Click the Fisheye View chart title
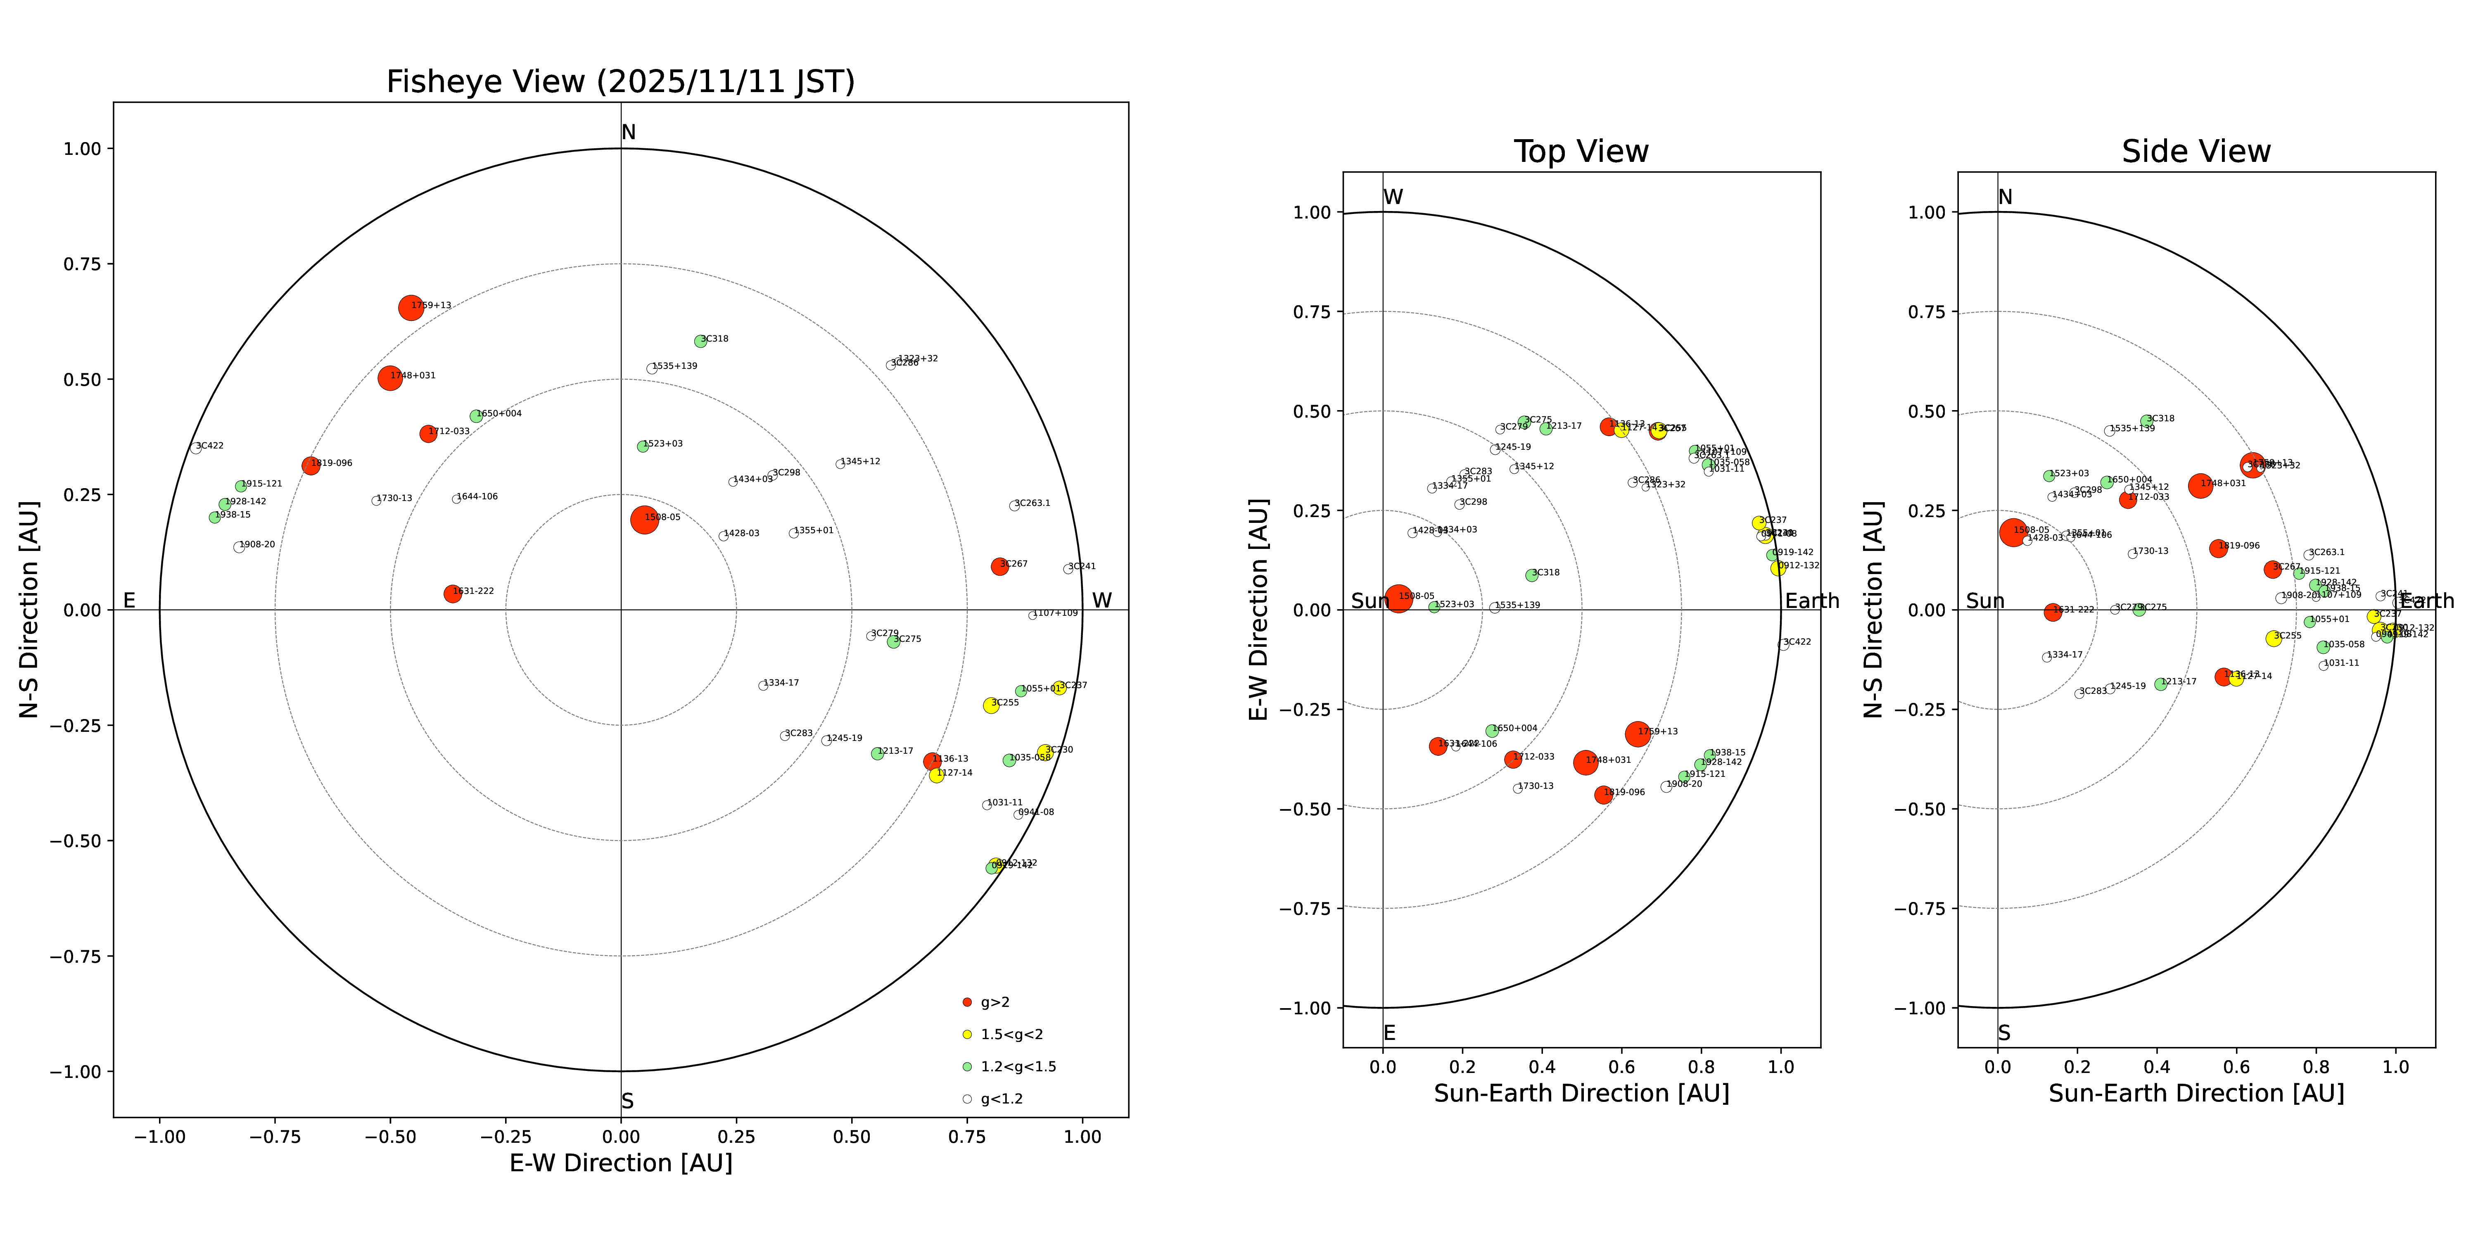620,82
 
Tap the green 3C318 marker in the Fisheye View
700,342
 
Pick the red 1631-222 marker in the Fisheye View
452,593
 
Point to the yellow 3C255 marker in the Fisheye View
991,705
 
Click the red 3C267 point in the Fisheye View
999,567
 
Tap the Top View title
1581,152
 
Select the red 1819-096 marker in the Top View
1602,795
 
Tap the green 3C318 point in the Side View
2146,420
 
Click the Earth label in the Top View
1812,601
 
